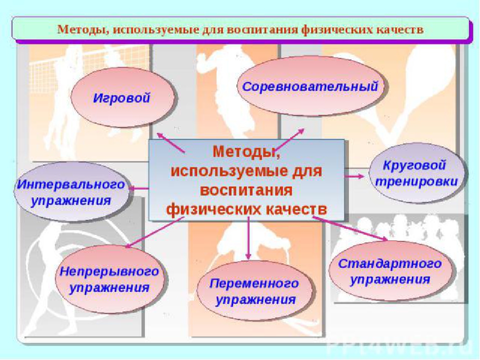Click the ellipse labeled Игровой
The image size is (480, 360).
point(123,97)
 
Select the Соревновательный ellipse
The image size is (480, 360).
point(310,86)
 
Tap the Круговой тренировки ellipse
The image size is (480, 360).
point(416,173)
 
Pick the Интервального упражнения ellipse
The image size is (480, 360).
point(71,191)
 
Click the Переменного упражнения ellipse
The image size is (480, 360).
point(254,291)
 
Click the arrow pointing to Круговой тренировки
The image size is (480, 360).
point(354,176)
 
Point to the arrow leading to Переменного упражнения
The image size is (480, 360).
point(248,238)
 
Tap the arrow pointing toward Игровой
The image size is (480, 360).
point(170,142)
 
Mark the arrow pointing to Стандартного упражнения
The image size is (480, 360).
point(350,228)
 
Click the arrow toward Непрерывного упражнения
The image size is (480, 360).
point(154,232)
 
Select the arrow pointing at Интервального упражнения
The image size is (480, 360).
point(139,188)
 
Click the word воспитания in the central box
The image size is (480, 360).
point(246,190)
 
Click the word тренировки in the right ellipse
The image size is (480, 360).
point(416,182)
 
